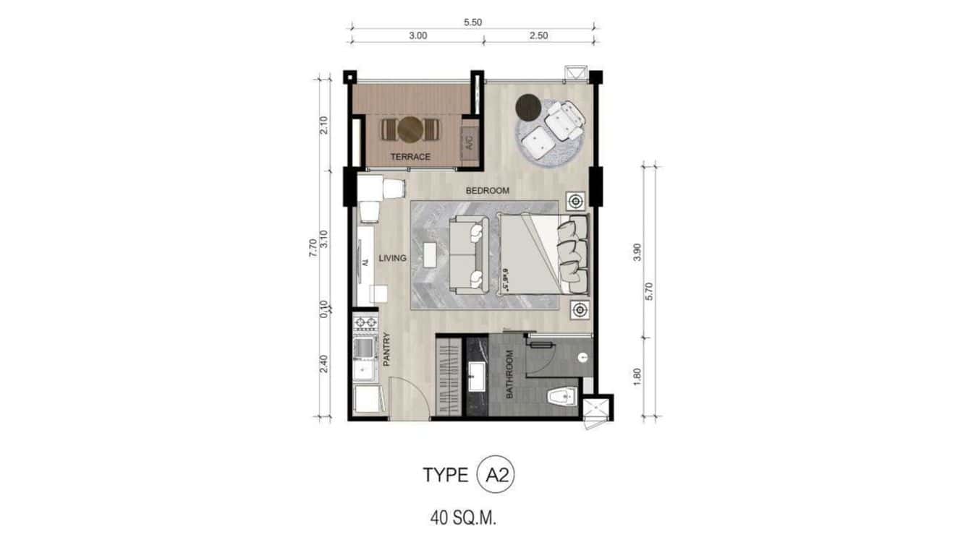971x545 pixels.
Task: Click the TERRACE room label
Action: click(x=410, y=157)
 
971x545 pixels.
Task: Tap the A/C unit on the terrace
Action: click(x=468, y=143)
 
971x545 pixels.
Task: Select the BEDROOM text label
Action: click(x=487, y=192)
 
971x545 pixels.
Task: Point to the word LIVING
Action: click(x=392, y=258)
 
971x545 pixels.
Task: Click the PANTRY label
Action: click(x=386, y=349)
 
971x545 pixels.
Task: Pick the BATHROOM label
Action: click(x=509, y=374)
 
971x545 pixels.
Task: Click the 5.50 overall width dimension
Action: click(x=472, y=22)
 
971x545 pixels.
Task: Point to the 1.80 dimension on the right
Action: click(x=637, y=377)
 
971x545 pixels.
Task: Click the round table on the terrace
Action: click(x=410, y=129)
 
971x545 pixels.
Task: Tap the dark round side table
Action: click(x=529, y=107)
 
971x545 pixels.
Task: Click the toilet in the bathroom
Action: click(x=560, y=396)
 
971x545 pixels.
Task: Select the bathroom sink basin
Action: click(x=477, y=377)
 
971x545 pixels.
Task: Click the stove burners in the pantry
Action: click(x=365, y=322)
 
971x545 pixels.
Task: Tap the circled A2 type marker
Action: click(x=496, y=475)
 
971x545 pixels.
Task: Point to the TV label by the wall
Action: click(x=367, y=261)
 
